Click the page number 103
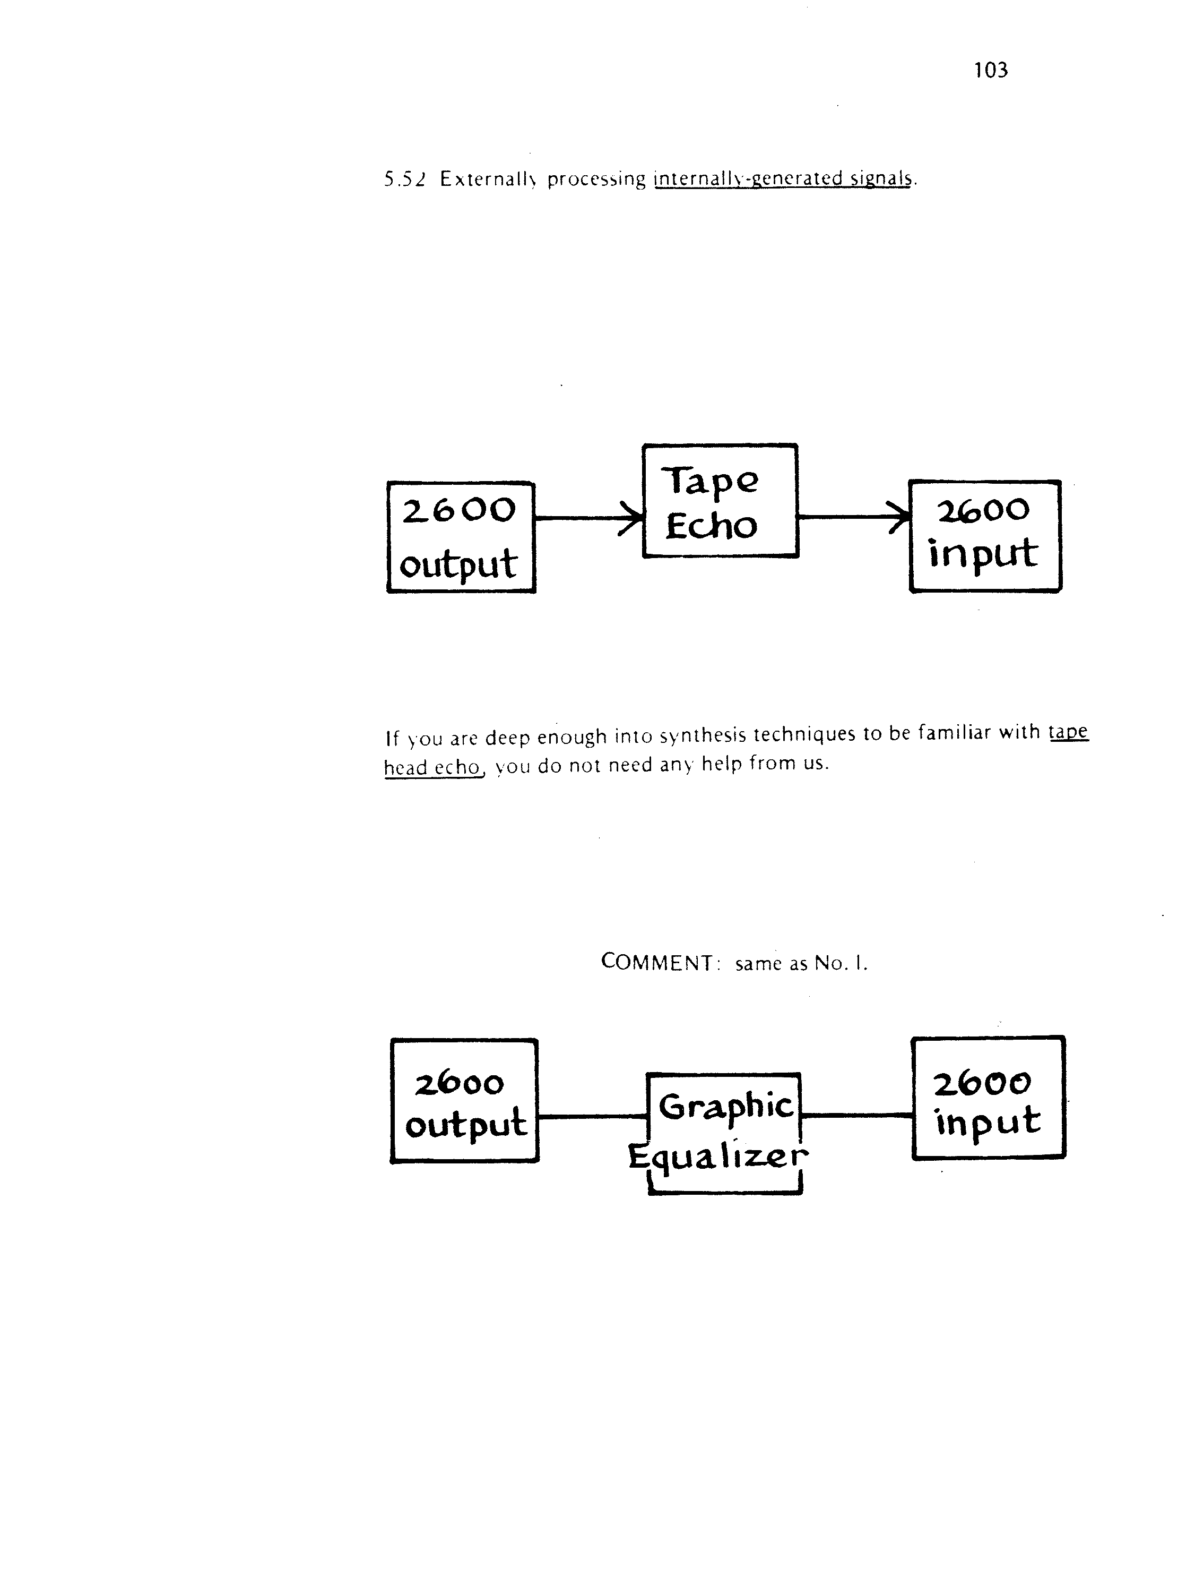[x=991, y=70]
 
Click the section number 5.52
[x=405, y=178]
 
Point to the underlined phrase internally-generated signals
[x=783, y=178]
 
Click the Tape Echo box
[x=720, y=501]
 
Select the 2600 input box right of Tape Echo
[x=985, y=536]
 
